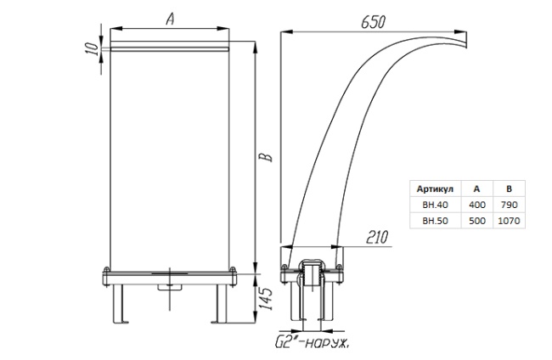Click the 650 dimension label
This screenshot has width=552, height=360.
(373, 22)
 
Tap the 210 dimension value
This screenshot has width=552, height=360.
(377, 237)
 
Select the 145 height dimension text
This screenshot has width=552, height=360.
(266, 299)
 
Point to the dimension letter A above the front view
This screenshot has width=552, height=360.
(170, 19)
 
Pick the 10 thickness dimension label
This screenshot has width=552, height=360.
(91, 48)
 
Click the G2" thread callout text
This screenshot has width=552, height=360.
(312, 342)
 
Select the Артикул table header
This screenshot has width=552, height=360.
(435, 189)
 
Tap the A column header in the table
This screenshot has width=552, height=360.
(476, 189)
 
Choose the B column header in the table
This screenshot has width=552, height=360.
(509, 189)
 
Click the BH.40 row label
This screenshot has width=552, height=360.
(435, 205)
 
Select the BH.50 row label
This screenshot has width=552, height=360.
(435, 221)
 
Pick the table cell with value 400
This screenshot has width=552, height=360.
(477, 205)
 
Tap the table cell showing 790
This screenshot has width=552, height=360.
(509, 205)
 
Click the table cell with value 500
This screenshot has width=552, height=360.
(477, 221)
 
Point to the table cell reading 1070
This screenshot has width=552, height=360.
(509, 221)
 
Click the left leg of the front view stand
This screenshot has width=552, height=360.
(119, 304)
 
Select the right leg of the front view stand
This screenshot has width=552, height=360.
(221, 304)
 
